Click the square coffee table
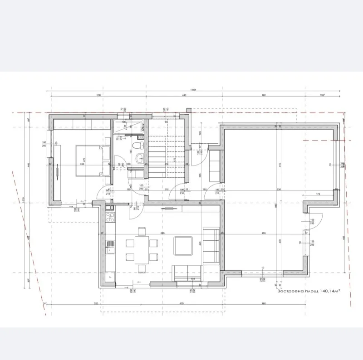point(184,245)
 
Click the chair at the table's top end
point(142,231)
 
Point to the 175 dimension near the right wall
point(318,195)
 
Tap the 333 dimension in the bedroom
point(82,165)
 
